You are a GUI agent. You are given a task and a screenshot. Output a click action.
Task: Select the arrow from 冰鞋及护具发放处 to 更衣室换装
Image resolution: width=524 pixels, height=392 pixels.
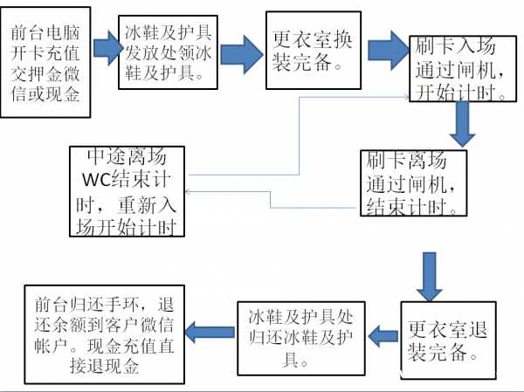(x=242, y=54)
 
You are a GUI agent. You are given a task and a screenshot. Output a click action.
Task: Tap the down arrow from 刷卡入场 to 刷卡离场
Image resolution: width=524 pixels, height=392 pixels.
(x=464, y=126)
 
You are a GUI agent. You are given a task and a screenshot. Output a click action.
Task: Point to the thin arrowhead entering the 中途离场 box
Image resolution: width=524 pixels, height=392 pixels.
(x=190, y=192)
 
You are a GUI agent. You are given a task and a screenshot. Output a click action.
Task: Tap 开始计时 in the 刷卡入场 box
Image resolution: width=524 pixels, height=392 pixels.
(x=458, y=91)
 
